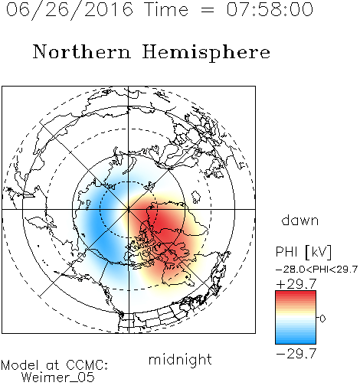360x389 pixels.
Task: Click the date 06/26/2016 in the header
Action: tap(70, 10)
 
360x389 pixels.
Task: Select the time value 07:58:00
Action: tap(270, 9)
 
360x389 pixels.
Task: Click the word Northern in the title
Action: tap(82, 51)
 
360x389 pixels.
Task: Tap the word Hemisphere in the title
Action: tap(206, 53)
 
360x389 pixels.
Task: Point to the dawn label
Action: tap(300, 220)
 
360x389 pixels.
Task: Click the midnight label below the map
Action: tap(180, 359)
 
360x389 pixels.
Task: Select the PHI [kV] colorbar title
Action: tap(303, 252)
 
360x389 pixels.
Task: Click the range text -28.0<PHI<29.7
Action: tap(316, 270)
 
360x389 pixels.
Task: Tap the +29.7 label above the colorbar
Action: tap(296, 284)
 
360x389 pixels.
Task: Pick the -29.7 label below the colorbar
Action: tap(296, 354)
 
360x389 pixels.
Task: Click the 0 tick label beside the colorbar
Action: tap(322, 319)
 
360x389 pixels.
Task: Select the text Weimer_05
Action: tap(58, 378)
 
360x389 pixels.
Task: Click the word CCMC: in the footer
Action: tap(87, 365)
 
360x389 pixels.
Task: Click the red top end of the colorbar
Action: tap(296, 293)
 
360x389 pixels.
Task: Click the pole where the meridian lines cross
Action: tap(129, 209)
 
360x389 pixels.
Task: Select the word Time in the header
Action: tap(166, 9)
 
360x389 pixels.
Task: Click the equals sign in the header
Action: tap(207, 10)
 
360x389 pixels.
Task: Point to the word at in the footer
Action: tap(52, 365)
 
